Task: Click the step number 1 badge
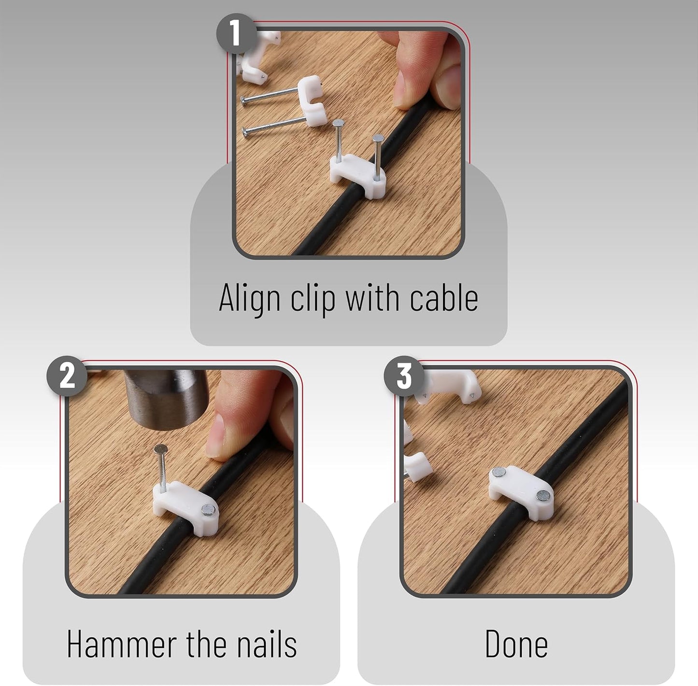[x=236, y=34]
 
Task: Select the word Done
[x=516, y=644]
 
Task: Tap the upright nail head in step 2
[x=161, y=449]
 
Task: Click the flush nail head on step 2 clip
[x=208, y=510]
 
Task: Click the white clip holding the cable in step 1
[x=357, y=176]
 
